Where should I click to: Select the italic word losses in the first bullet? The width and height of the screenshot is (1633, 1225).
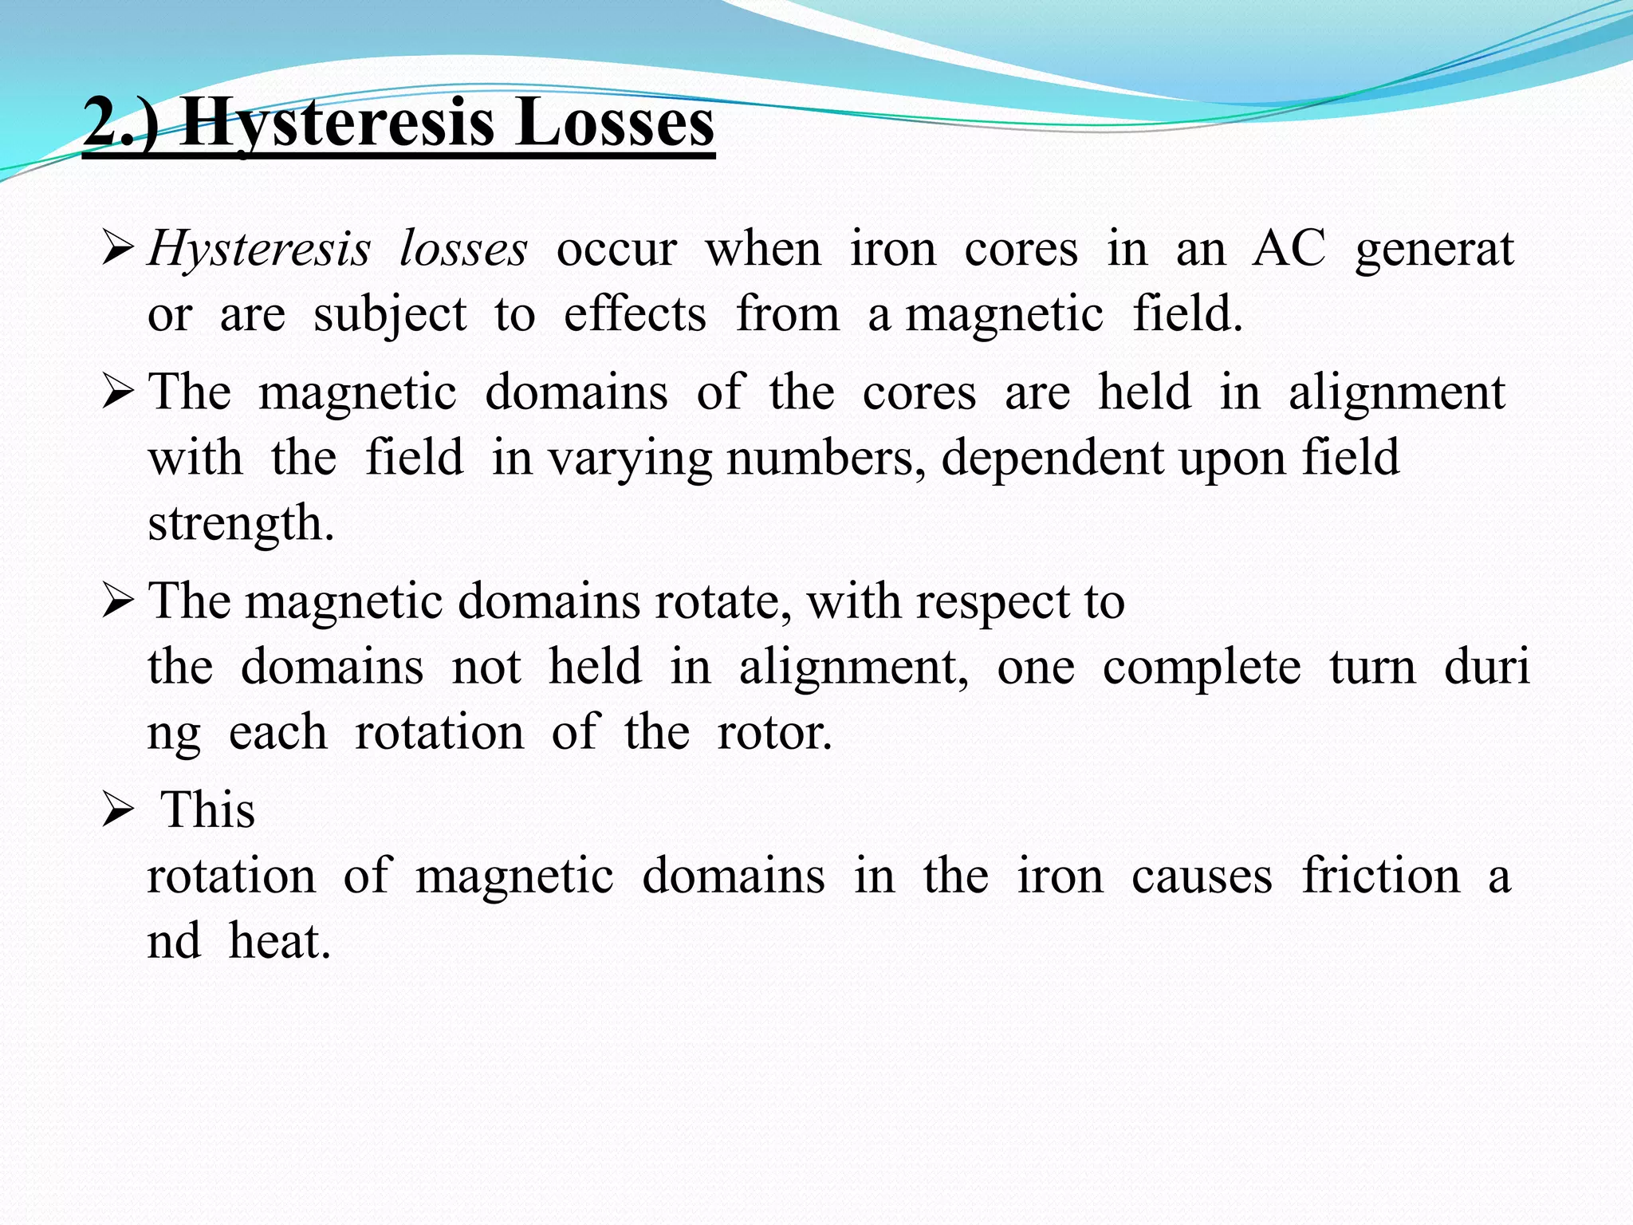click(x=463, y=249)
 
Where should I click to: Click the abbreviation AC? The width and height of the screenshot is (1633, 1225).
click(x=1289, y=249)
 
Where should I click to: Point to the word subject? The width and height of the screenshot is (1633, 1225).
click(x=389, y=315)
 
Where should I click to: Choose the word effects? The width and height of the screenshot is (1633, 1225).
click(x=635, y=313)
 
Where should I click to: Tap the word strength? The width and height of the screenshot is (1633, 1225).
click(x=241, y=524)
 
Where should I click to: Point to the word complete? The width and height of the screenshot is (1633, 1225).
click(x=1202, y=668)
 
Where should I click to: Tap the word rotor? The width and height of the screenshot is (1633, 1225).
click(x=774, y=733)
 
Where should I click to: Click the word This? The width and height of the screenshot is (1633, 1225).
click(x=208, y=810)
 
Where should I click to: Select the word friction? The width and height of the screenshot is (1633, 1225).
click(x=1381, y=876)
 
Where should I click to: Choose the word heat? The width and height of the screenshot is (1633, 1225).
click(x=279, y=941)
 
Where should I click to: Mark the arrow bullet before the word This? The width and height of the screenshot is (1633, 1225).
click(x=118, y=813)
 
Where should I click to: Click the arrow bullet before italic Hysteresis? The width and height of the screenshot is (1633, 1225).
click(x=118, y=250)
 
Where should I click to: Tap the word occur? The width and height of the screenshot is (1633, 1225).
click(x=616, y=250)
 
